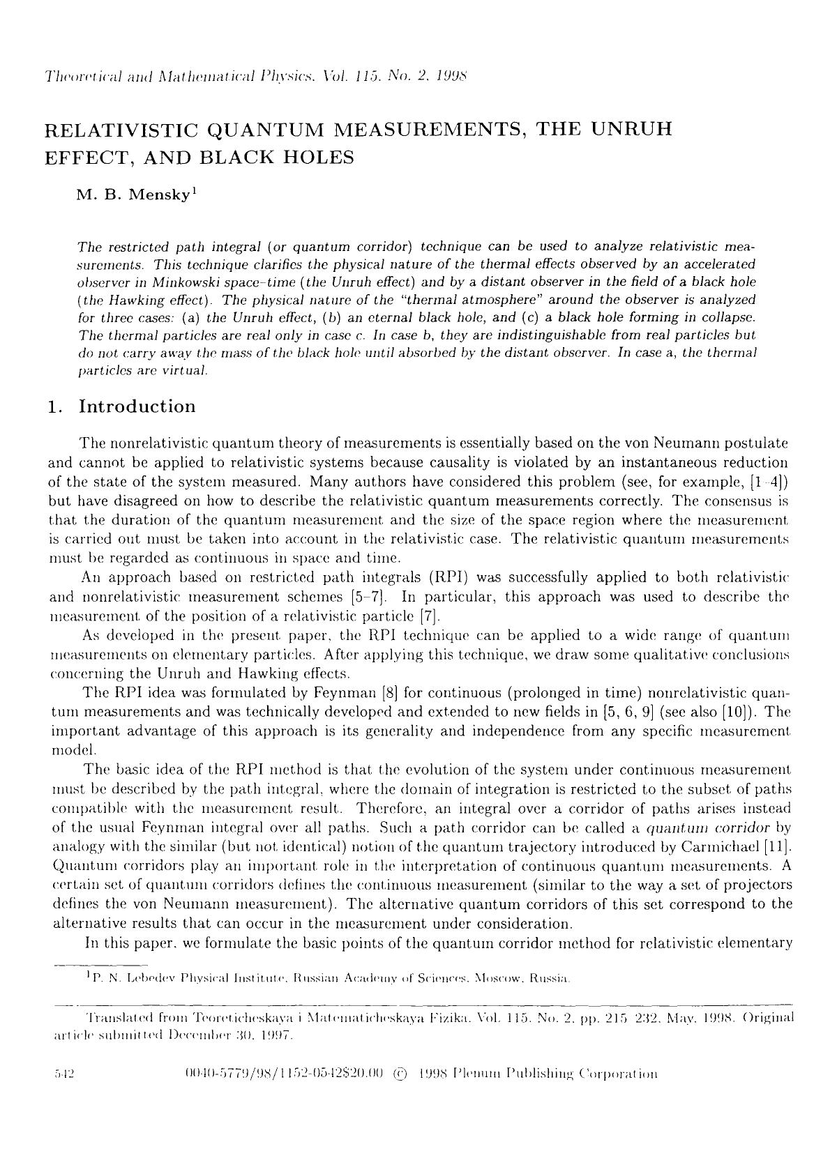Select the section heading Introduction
[x=137, y=406]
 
